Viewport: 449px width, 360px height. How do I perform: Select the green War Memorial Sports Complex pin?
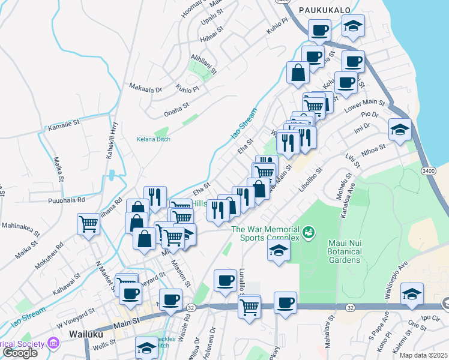click(309, 231)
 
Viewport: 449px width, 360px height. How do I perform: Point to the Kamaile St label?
click(64, 123)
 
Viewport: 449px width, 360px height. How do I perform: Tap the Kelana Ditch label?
click(153, 139)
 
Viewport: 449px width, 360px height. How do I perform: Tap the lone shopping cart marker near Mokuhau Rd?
click(89, 224)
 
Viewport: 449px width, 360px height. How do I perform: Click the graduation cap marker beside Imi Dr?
click(399, 129)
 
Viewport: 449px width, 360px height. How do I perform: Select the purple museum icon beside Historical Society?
click(53, 343)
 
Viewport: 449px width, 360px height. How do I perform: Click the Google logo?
click(21, 353)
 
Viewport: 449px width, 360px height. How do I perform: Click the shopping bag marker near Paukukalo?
click(298, 73)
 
